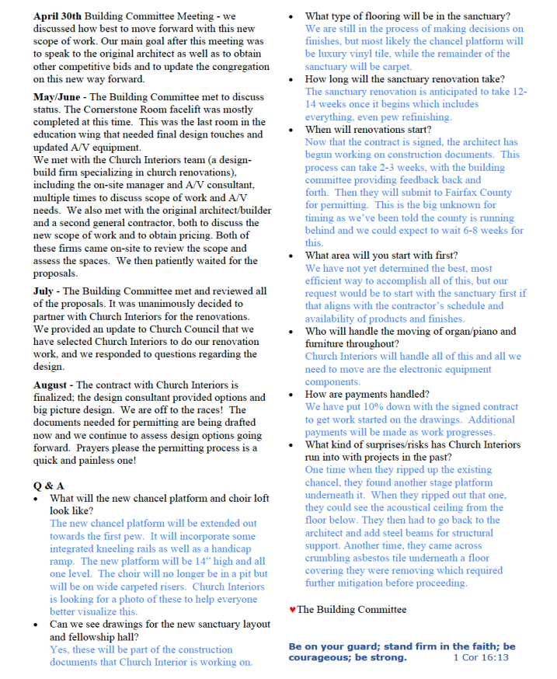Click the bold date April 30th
[x=57, y=16]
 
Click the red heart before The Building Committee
[x=292, y=610]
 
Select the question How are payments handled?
[x=367, y=395]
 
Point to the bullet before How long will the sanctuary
[x=291, y=80]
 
